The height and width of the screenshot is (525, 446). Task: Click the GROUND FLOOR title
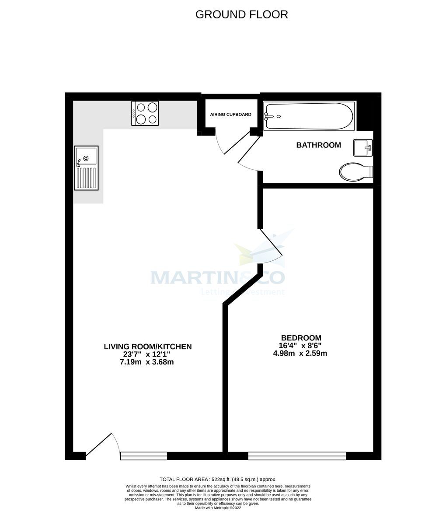pos(241,14)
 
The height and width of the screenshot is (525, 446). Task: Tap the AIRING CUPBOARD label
pos(230,115)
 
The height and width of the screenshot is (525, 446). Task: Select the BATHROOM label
pos(318,145)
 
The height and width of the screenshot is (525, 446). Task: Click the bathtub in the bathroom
pos(308,116)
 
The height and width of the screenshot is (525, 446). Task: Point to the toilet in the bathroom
pos(355,172)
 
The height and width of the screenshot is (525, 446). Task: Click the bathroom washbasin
pos(362,147)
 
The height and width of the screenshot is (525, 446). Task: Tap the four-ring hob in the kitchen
pos(145,113)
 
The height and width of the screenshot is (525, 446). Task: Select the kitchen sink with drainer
pos(86,168)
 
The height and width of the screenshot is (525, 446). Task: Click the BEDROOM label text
pos(301,338)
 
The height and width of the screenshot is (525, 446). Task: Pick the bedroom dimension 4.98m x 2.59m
pos(300,353)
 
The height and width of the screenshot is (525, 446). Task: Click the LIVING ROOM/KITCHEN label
pos(148,346)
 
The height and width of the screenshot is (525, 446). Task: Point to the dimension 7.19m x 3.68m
pos(146,362)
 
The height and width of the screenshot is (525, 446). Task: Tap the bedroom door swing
pos(272,248)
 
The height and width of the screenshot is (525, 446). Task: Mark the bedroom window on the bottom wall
pos(297,456)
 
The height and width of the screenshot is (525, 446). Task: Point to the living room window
pos(144,456)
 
